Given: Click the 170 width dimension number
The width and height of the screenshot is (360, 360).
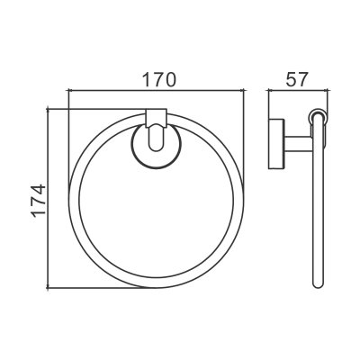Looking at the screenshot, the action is pyautogui.click(x=158, y=79).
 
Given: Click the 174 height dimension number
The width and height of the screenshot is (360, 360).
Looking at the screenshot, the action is pyautogui.click(x=39, y=201).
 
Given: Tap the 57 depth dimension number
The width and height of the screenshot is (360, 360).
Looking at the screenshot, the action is pyautogui.click(x=297, y=79).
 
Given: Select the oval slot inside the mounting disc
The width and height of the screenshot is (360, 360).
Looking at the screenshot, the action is pyautogui.click(x=156, y=138).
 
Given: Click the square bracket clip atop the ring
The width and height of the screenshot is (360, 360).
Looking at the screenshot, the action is pyautogui.click(x=156, y=118).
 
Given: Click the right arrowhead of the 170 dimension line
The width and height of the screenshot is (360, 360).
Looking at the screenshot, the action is pyautogui.click(x=242, y=89).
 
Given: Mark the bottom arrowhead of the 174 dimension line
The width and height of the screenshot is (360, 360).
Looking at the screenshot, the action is pyautogui.click(x=48, y=285).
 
